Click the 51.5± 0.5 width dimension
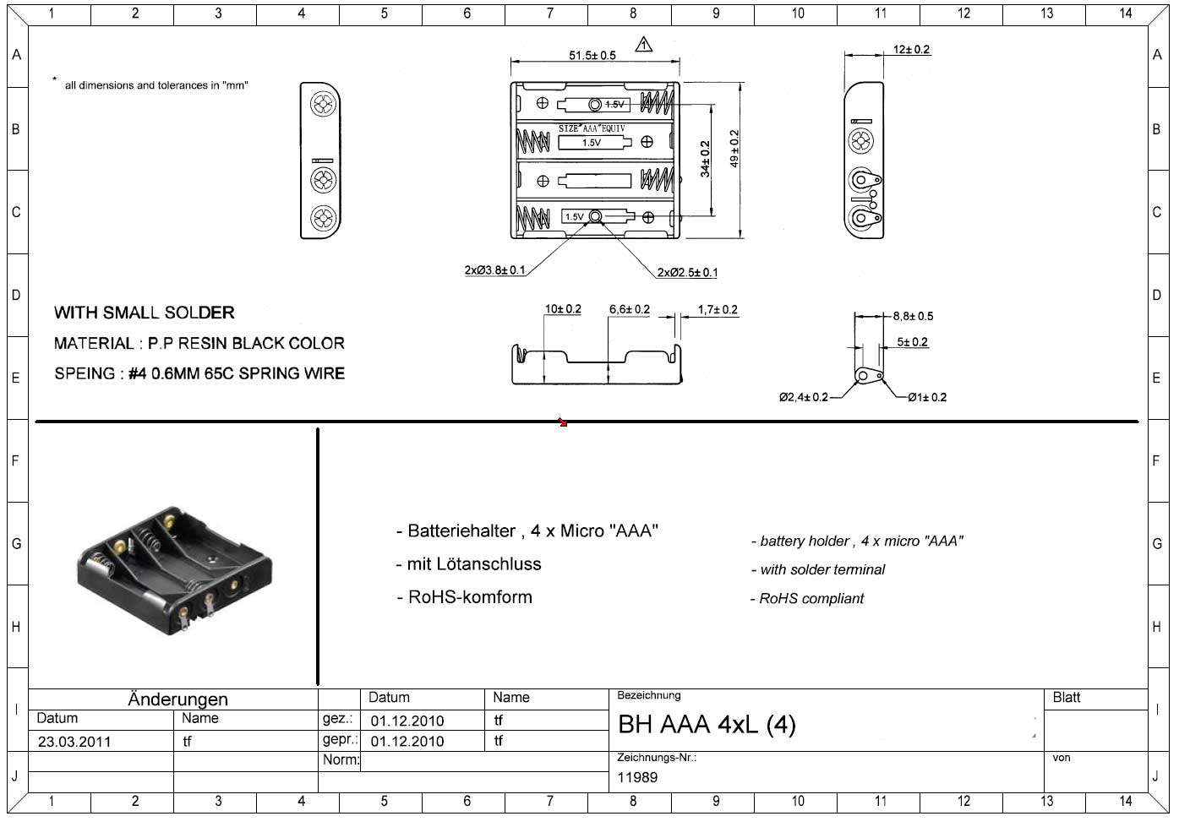592,56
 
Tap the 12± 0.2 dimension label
911,50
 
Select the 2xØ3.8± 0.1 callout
494,270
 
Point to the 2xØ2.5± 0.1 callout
687,272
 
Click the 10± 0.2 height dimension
562,309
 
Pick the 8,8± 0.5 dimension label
913,316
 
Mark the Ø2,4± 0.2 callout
803,397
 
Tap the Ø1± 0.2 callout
927,397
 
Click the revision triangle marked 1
644,44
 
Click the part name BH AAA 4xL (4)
707,725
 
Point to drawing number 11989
637,777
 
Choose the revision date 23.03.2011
74,742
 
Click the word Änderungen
177,699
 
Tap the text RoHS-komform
469,597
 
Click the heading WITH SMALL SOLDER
144,313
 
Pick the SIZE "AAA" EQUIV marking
591,128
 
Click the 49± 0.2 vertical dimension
734,149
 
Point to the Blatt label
1067,698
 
